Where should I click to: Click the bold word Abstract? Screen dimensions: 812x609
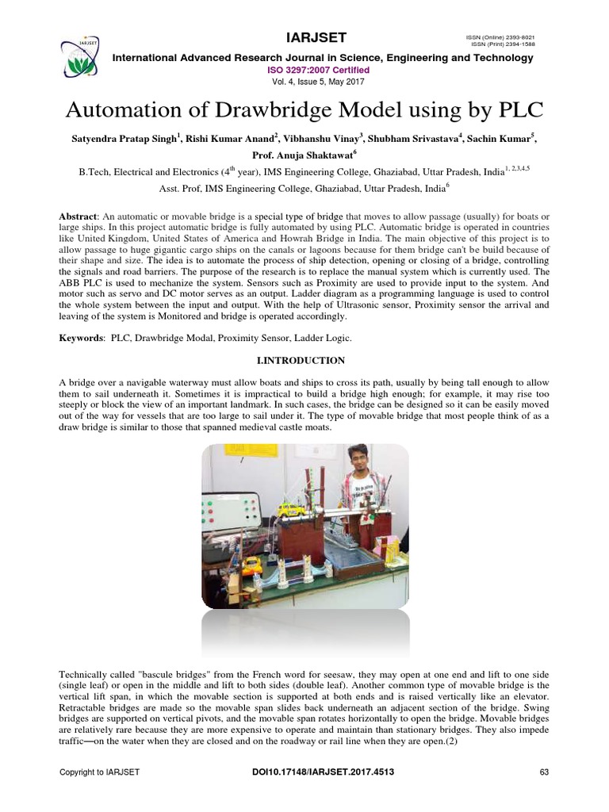pyautogui.click(x=79, y=217)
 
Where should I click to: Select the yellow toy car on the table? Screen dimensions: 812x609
pyautogui.click(x=251, y=565)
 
